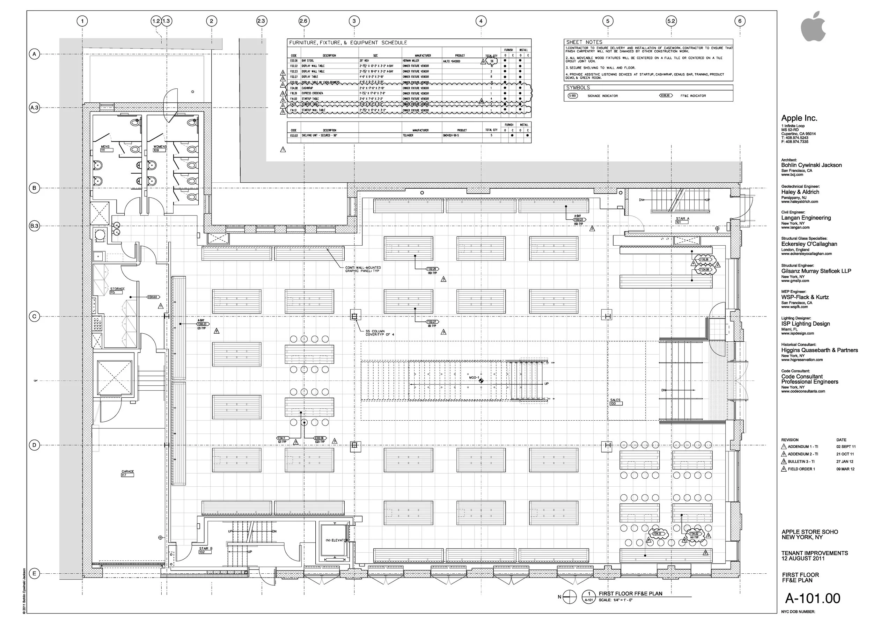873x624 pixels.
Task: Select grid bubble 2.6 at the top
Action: [x=303, y=21]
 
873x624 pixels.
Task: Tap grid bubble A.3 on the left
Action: [x=34, y=108]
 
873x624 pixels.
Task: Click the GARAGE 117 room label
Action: [x=128, y=473]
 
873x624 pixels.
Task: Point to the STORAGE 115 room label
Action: [x=117, y=290]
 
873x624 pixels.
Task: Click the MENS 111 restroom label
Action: [x=105, y=148]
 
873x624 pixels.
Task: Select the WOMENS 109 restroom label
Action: [x=160, y=148]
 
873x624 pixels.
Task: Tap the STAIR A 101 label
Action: [x=682, y=220]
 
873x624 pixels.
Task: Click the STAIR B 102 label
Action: [x=205, y=550]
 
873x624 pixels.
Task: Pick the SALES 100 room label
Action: [x=615, y=401]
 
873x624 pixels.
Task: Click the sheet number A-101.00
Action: [x=812, y=598]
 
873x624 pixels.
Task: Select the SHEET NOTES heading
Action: [x=584, y=42]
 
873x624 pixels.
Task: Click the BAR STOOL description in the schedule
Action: [x=308, y=61]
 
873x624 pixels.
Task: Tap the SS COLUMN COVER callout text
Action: [x=380, y=333]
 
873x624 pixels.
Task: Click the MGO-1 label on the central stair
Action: [x=474, y=378]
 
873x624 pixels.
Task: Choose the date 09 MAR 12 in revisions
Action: [x=845, y=469]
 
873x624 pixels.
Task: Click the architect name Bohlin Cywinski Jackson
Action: [x=811, y=165]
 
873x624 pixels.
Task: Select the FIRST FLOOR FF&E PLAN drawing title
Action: [x=630, y=593]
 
